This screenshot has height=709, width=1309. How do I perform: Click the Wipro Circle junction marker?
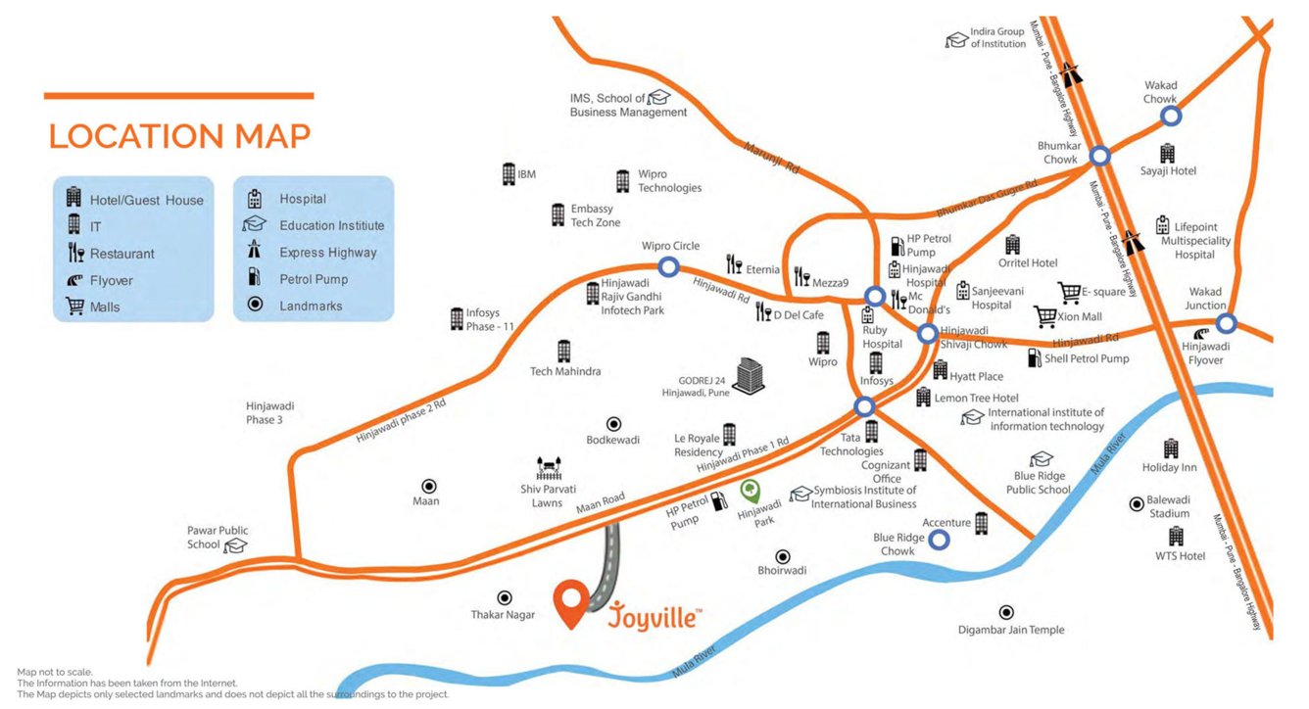click(x=668, y=266)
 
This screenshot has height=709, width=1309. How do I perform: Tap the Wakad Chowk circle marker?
click(x=1171, y=117)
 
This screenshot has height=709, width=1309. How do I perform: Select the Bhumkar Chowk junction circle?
click(x=1100, y=156)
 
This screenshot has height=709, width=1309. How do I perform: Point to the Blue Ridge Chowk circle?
click(x=939, y=539)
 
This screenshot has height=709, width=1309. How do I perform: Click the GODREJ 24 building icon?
click(x=750, y=376)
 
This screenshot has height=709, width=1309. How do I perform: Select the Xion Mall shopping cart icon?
click(x=1044, y=316)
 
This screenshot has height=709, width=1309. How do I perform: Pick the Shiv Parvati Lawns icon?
click(x=548, y=468)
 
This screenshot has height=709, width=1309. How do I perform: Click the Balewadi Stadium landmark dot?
click(x=1137, y=504)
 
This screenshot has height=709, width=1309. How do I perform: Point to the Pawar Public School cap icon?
click(x=235, y=545)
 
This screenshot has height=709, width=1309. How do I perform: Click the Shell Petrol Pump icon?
click(x=1034, y=358)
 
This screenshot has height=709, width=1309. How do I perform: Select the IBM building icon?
click(x=509, y=174)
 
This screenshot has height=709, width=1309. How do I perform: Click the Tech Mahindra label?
click(x=565, y=372)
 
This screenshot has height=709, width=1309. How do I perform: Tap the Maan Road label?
click(x=600, y=502)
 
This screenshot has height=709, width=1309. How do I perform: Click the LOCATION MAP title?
click(x=179, y=136)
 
